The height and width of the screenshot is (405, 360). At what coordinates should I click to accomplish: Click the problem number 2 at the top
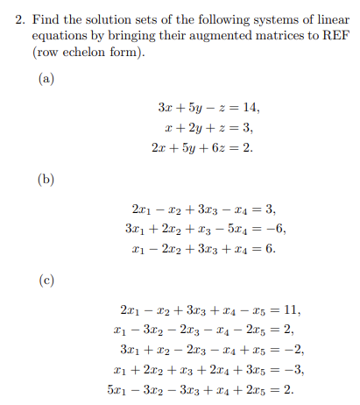(20, 15)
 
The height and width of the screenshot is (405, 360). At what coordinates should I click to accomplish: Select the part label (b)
(46, 181)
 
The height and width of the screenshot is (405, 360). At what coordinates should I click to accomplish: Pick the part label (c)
(46, 281)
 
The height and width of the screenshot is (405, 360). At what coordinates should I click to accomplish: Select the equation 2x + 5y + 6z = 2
(202, 146)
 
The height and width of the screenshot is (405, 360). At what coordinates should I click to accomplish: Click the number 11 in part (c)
(293, 309)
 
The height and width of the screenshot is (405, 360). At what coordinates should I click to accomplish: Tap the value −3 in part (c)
(293, 368)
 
